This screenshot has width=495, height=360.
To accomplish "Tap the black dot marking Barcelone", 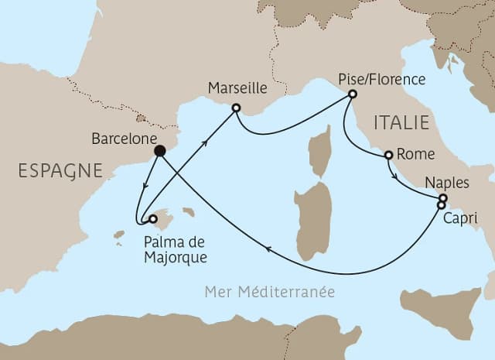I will point(159,151).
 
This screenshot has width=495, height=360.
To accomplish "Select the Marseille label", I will point(235,90).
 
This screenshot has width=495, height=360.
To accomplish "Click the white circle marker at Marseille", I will point(236,108).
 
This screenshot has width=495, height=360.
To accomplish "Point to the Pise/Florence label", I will point(382,79).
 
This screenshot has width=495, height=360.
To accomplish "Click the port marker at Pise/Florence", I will point(352,94).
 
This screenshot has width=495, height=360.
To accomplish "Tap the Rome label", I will point(410,154).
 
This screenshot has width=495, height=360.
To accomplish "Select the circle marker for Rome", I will point(388,154).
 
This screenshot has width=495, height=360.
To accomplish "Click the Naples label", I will point(447,183).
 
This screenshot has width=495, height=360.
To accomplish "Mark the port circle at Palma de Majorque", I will point(152,219).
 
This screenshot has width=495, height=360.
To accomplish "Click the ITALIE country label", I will point(401,122).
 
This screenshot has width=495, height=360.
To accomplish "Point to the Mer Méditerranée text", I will point(270,292).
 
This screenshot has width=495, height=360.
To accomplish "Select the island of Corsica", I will point(319,151).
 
